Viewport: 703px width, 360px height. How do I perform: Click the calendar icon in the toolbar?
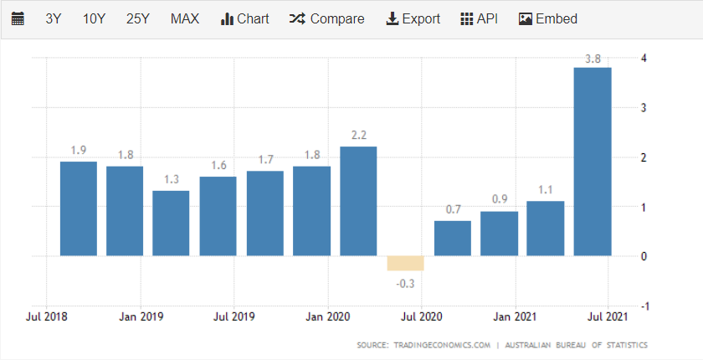click(x=18, y=18)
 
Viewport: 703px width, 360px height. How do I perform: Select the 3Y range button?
click(x=54, y=18)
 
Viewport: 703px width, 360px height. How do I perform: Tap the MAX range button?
click(x=184, y=18)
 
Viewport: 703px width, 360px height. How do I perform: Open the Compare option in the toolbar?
click(x=326, y=18)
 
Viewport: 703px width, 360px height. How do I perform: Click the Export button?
click(x=413, y=18)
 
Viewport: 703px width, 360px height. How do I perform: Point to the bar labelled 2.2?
click(x=358, y=201)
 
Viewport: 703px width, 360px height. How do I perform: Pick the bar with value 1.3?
click(x=171, y=224)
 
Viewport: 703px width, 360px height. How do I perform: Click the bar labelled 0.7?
click(x=452, y=239)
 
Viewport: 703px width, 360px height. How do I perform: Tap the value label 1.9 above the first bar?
click(x=79, y=150)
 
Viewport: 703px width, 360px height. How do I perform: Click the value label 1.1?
click(x=545, y=189)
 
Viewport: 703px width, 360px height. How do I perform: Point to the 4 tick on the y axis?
click(x=643, y=58)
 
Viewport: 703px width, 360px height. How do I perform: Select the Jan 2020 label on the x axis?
click(x=326, y=317)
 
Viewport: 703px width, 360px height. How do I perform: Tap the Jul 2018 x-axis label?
click(x=47, y=317)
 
